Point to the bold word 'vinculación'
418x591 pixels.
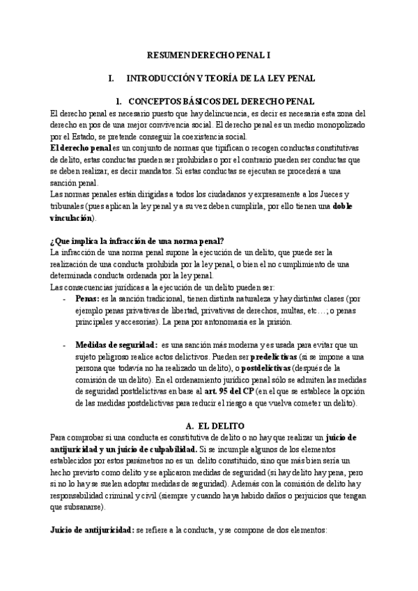point(70,218)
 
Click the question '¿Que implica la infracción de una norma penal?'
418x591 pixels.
point(137,241)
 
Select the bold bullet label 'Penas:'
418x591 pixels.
point(86,298)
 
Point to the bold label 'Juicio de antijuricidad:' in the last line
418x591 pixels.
point(93,528)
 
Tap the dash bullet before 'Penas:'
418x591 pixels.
point(65,298)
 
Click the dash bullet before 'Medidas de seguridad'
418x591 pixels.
point(65,344)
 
